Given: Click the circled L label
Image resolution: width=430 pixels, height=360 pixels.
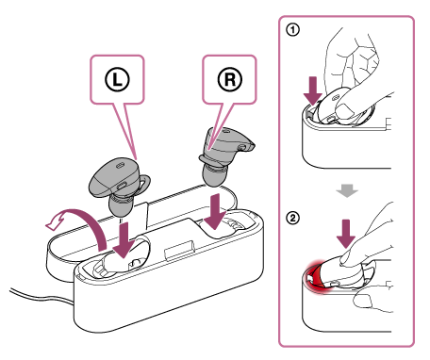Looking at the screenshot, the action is click(x=117, y=79).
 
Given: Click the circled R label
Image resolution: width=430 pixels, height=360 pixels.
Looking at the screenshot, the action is click(x=230, y=79).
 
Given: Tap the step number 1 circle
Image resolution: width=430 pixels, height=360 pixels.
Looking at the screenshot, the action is click(x=292, y=30).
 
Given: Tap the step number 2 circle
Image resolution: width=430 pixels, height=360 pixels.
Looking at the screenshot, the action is click(x=292, y=218).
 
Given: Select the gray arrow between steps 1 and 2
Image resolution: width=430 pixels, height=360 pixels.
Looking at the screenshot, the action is click(x=347, y=190).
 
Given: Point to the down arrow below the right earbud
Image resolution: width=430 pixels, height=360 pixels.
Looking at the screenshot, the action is click(x=215, y=211).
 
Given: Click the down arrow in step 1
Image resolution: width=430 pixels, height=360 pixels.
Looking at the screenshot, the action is click(x=313, y=91).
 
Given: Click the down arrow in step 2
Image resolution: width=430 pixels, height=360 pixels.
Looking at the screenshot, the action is click(x=346, y=234).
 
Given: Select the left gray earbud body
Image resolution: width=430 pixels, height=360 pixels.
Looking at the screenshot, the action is click(x=113, y=177).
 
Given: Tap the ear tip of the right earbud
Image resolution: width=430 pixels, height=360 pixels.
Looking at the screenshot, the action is click(x=214, y=175).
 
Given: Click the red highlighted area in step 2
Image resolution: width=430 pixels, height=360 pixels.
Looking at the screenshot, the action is click(x=314, y=276).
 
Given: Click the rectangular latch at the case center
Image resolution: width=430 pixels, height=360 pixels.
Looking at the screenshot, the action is click(x=179, y=251).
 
